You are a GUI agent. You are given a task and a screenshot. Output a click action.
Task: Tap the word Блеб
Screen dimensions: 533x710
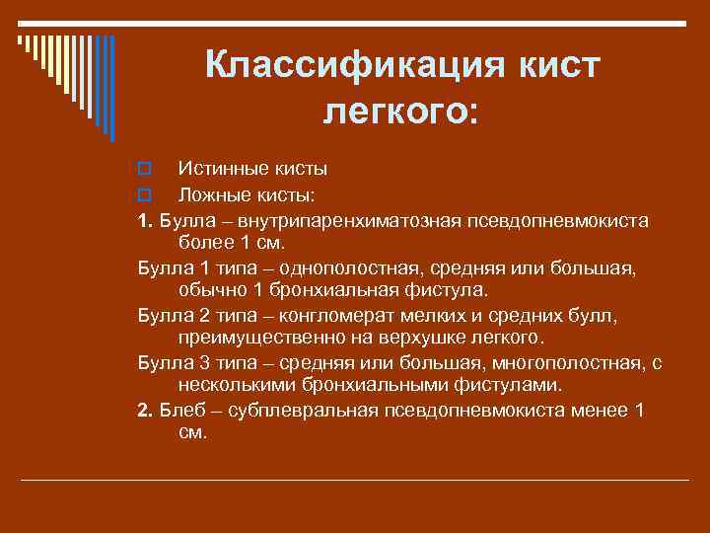coord(180,411)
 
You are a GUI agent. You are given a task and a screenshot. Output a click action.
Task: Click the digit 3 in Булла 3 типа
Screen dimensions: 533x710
coord(196,363)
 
